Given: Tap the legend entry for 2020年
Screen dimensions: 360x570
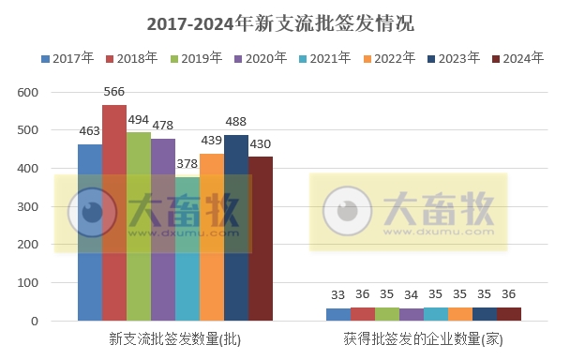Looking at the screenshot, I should pyautogui.click(x=260, y=58).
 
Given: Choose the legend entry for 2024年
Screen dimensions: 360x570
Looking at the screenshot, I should pyautogui.click(x=517, y=58).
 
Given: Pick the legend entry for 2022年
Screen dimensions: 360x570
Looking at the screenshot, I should pyautogui.click(x=388, y=58).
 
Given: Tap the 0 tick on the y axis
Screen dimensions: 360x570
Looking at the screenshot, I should pyautogui.click(x=33, y=322).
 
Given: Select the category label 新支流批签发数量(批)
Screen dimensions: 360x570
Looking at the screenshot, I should pyautogui.click(x=174, y=338).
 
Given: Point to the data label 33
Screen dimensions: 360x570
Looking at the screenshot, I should pyautogui.click(x=337, y=295).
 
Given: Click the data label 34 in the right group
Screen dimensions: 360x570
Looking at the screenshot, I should pyautogui.click(x=411, y=295).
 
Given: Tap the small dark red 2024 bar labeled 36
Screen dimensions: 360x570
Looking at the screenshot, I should pyautogui.click(x=508, y=314).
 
